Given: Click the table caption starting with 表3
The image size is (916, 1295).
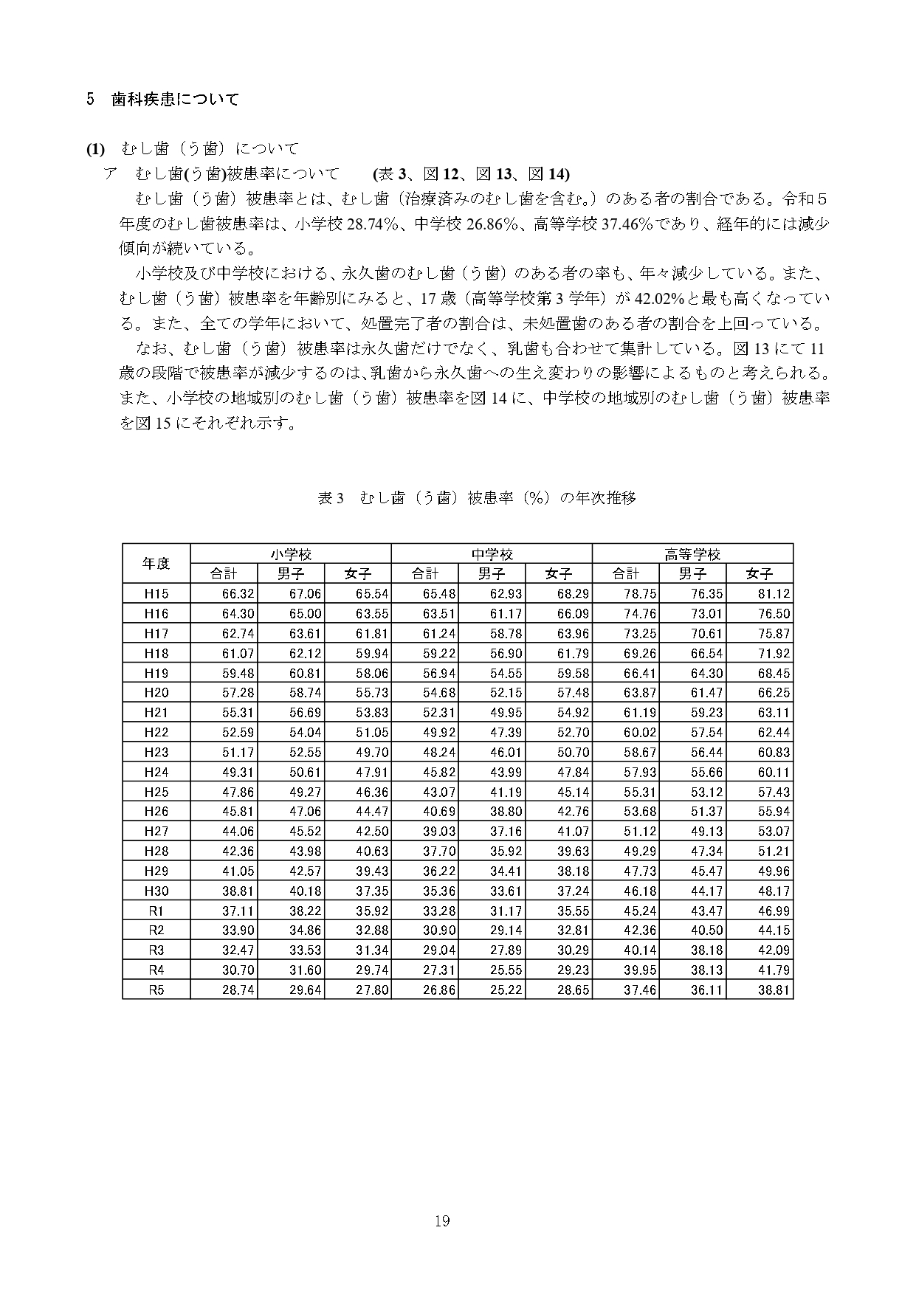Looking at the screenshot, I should click(x=476, y=498).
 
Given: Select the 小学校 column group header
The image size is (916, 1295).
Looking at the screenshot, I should click(x=291, y=554).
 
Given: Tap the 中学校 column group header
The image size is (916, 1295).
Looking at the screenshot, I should click(x=492, y=554).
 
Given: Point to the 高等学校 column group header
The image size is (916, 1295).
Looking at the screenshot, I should click(x=692, y=554).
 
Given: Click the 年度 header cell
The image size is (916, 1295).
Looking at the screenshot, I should click(x=156, y=564).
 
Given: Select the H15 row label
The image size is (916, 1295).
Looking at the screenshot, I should click(x=156, y=594).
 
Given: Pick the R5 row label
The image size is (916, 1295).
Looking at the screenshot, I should click(x=156, y=990).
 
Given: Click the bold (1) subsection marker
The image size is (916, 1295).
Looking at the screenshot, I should click(x=96, y=149).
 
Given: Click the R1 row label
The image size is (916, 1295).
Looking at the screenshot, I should click(x=156, y=911).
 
